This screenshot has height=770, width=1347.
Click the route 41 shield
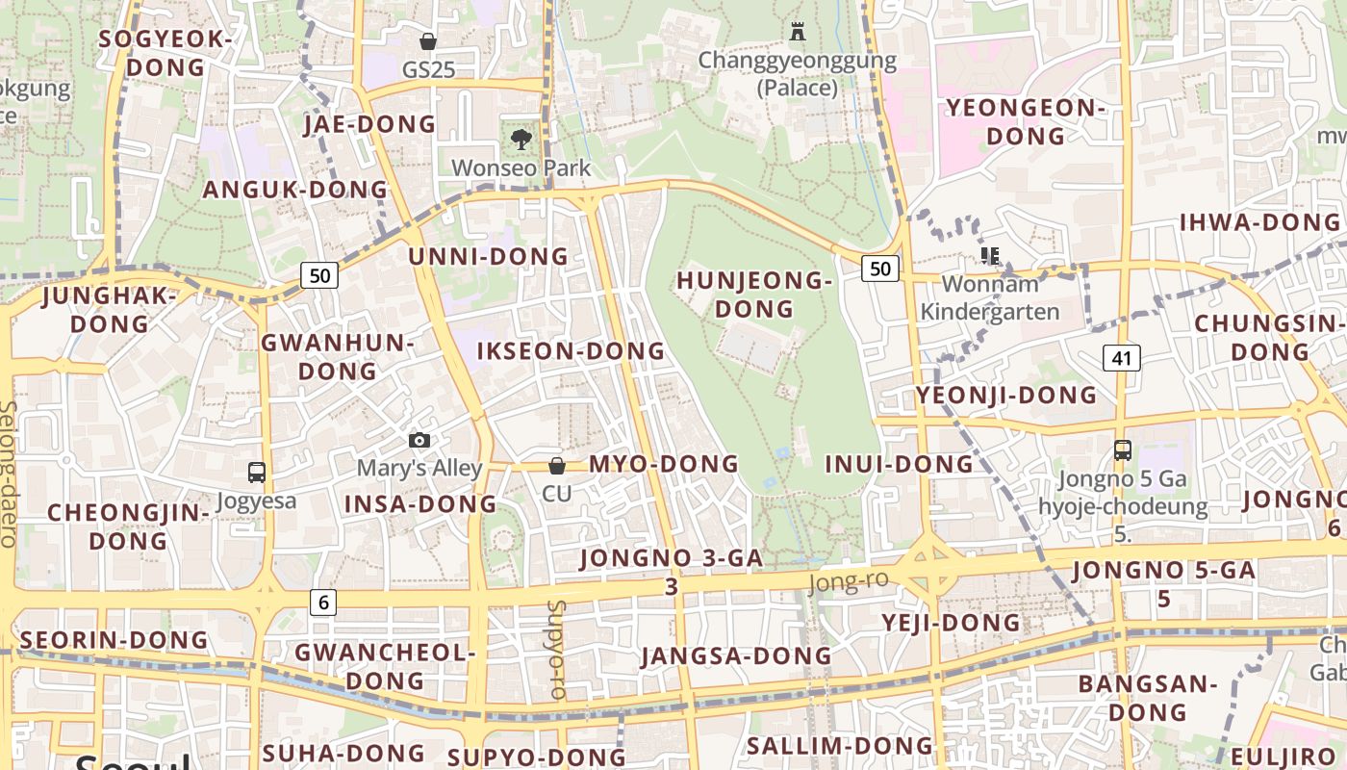pos(1121,358)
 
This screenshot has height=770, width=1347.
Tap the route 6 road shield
pos(323,603)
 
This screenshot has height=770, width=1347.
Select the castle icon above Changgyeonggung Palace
pos(797,32)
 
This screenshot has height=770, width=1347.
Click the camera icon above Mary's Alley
pos(419,440)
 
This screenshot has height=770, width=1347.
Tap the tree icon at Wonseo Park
pos(521,140)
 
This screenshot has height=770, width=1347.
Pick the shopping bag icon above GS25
pos(428,41)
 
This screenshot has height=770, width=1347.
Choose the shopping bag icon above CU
pos(556,466)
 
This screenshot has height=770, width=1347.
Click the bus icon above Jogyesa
pos(257,473)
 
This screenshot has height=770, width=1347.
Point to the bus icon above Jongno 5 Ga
pos(1122,449)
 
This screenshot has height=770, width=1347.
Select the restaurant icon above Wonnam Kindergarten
pos(990,256)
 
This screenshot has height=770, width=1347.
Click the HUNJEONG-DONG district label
pos(753,295)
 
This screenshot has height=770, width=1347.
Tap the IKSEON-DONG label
pos(572,351)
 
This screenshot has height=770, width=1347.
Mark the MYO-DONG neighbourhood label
pos(664,464)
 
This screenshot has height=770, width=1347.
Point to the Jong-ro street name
pos(848,582)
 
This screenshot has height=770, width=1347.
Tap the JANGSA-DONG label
pos(737,656)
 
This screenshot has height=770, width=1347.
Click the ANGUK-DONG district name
pos(295,189)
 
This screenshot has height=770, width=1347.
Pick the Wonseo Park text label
pos(521,167)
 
